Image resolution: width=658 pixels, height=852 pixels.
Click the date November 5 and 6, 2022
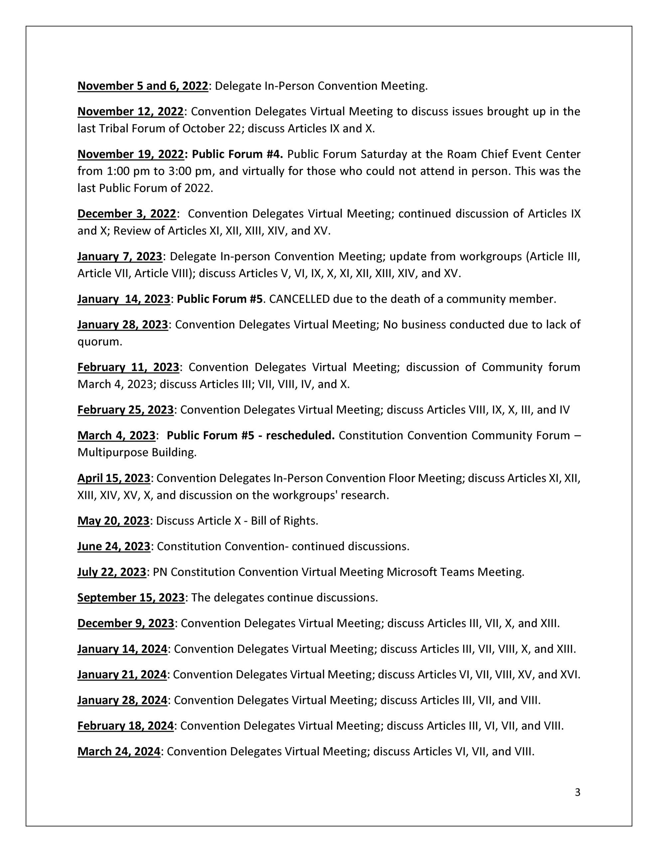pos(143,86)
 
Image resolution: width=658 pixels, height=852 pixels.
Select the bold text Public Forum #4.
pos(237,154)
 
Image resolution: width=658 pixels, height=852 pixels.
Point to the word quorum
pos(99,342)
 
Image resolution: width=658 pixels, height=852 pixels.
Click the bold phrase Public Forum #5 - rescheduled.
pos(250,435)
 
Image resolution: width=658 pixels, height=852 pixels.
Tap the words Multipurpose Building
pos(136,453)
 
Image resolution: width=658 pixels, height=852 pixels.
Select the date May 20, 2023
pos(113,521)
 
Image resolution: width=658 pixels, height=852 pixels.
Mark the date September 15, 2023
pos(131,598)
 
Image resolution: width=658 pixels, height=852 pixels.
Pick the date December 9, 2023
pos(126,623)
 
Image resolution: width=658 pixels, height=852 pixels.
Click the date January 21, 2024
pos(122,675)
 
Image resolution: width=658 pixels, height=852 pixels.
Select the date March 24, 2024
pos(119,751)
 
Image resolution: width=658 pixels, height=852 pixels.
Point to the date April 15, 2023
pos(114,478)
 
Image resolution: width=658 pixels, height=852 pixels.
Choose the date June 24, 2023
pos(114,546)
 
